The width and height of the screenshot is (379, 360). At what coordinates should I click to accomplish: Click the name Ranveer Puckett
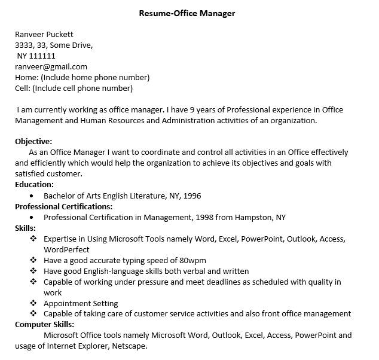point(44,34)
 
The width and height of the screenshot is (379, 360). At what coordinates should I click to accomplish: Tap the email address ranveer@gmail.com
point(51,66)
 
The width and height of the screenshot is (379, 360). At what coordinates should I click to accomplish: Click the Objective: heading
point(33,142)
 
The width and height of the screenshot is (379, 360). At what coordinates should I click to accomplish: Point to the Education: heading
point(34,185)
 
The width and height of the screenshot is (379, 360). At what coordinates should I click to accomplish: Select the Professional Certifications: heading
point(55,206)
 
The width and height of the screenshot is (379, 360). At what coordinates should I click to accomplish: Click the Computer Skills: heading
point(44,325)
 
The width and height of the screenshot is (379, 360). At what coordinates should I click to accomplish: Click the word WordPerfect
point(66,249)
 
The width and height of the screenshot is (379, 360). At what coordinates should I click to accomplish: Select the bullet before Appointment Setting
point(33,303)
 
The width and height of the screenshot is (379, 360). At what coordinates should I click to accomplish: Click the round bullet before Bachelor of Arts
point(31,196)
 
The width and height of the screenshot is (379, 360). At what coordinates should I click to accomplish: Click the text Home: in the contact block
point(26,77)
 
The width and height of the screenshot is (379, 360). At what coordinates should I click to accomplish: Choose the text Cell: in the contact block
point(23,88)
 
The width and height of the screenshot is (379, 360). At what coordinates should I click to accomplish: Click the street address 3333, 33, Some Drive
point(54,45)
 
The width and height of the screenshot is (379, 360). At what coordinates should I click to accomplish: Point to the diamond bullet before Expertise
point(33,239)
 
